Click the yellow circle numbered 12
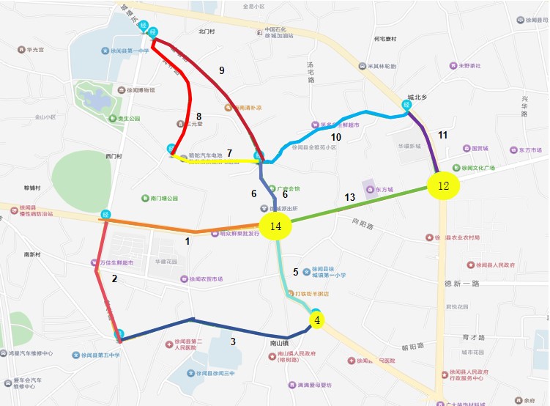coord(443,185)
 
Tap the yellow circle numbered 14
coord(275,226)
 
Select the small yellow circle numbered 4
coord(317,320)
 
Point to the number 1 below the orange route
coord(187,240)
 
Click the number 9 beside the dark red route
coord(221,70)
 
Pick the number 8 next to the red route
coord(198,117)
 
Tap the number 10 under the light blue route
coord(336,137)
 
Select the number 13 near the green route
coord(349,198)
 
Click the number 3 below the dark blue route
coord(233,342)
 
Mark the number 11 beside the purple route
coord(442,135)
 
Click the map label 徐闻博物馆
coord(140,90)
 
